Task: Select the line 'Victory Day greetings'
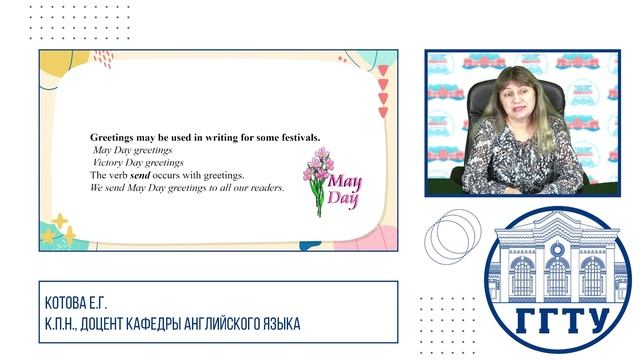[138, 162]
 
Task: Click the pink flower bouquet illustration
[318, 174]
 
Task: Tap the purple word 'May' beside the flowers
[346, 181]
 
